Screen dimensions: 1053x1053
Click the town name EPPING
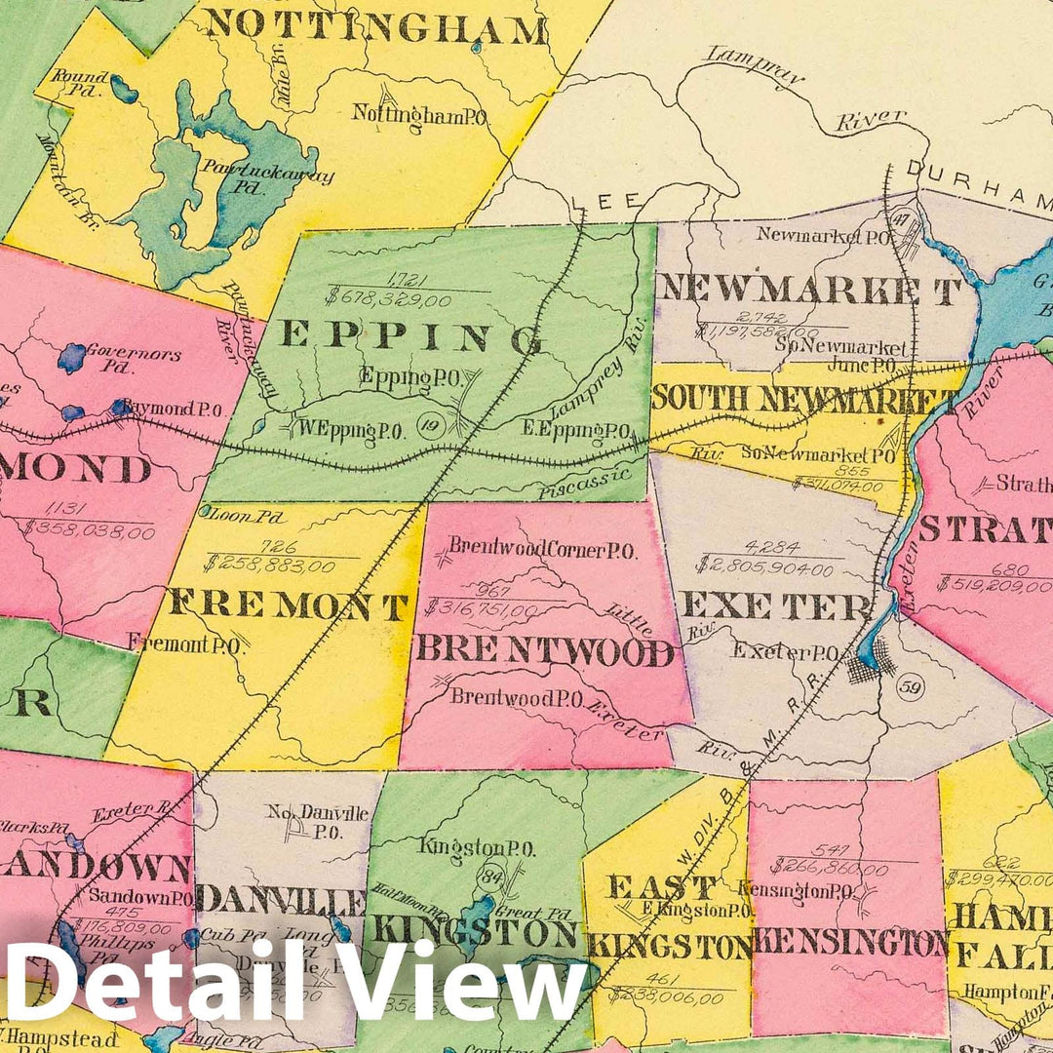(411, 337)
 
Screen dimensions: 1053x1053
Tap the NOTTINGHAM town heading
(376, 27)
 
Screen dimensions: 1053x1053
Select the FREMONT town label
(287, 606)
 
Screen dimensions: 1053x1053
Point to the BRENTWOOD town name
(546, 650)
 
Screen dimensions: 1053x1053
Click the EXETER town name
(776, 606)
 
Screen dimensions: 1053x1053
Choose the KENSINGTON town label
(850, 943)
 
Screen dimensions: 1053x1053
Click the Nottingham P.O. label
(420, 115)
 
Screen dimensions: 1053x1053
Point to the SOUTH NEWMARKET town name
(805, 399)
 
